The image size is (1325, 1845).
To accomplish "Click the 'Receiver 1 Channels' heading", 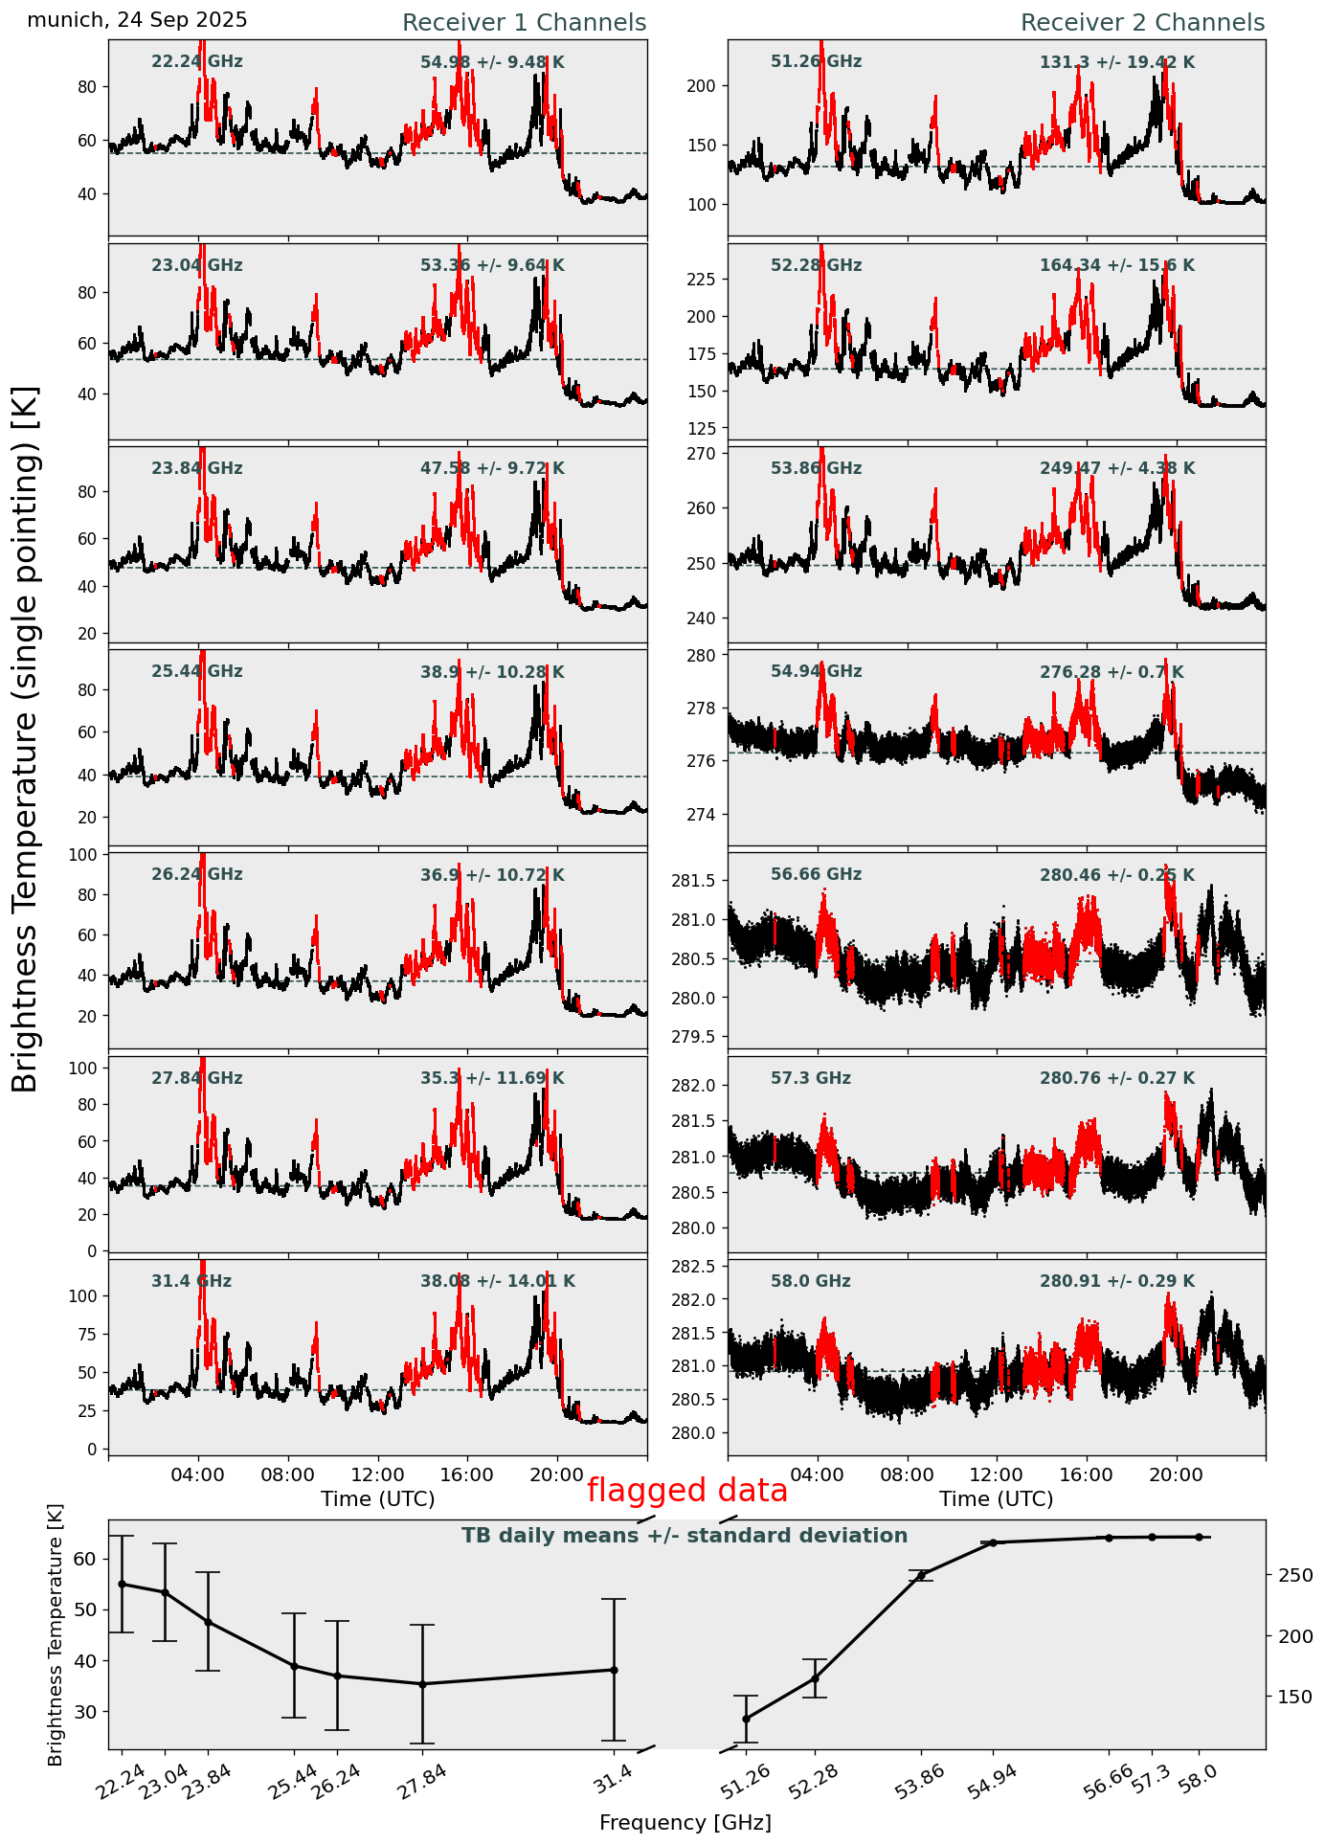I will click(524, 23).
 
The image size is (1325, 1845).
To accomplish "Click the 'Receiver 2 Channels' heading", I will click(1142, 23).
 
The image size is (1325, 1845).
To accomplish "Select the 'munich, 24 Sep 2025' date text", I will click(137, 20).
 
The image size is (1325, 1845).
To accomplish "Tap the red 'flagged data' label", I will click(686, 1491).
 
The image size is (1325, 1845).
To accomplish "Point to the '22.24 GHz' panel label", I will click(197, 62).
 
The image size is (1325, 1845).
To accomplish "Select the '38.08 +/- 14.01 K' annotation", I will click(498, 1281).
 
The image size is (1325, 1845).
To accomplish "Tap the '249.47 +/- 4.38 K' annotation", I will click(1117, 469).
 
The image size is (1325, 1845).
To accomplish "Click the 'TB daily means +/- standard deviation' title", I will click(685, 1536).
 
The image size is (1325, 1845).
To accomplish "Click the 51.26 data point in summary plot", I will click(746, 1719).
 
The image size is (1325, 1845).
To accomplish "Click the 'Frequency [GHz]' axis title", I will click(685, 1822).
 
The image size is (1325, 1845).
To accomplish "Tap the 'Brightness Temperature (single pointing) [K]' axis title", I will click(26, 738).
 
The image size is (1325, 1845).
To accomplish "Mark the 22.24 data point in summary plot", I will click(122, 1584).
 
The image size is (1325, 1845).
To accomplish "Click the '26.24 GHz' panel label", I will click(197, 875).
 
